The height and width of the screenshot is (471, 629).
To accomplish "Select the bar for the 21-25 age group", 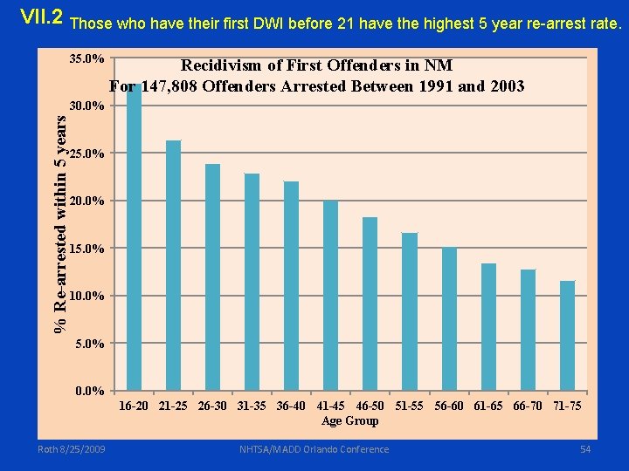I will pyautogui.click(x=173, y=266).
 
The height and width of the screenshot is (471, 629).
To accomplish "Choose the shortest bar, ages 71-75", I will pyautogui.click(x=567, y=335).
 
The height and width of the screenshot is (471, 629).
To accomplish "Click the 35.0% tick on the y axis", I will pyautogui.click(x=87, y=59).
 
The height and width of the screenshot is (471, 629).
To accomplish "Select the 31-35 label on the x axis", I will pyautogui.click(x=252, y=406).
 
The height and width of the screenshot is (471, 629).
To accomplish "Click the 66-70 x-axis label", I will pyautogui.click(x=528, y=406).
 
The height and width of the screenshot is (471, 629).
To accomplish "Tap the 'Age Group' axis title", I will pyautogui.click(x=349, y=421).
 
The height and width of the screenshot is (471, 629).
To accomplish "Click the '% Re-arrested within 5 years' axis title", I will pyautogui.click(x=60, y=214).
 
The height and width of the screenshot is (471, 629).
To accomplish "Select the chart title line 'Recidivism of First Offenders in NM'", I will pyautogui.click(x=316, y=65).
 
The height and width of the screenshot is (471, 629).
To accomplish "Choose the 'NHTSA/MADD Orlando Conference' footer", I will pyautogui.click(x=314, y=449).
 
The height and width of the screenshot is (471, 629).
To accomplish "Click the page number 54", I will pyautogui.click(x=584, y=449).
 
